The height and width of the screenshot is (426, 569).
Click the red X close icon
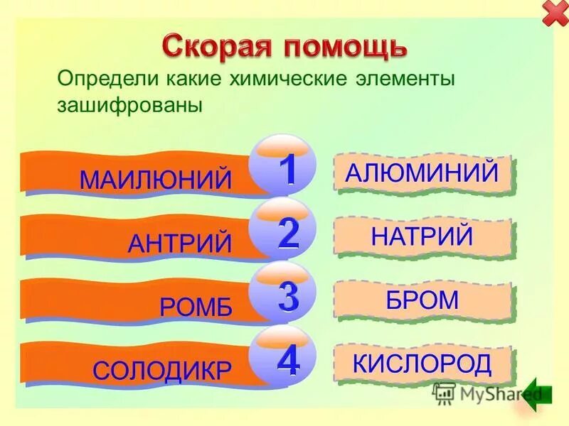[554, 14]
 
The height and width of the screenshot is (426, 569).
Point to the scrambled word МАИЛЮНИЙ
[156, 179]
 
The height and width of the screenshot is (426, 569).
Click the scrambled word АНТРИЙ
[180, 244]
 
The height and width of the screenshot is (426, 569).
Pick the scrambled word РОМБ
[196, 306]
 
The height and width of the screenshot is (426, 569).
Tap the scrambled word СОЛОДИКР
[162, 369]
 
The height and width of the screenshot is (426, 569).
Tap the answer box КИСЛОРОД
[422, 364]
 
